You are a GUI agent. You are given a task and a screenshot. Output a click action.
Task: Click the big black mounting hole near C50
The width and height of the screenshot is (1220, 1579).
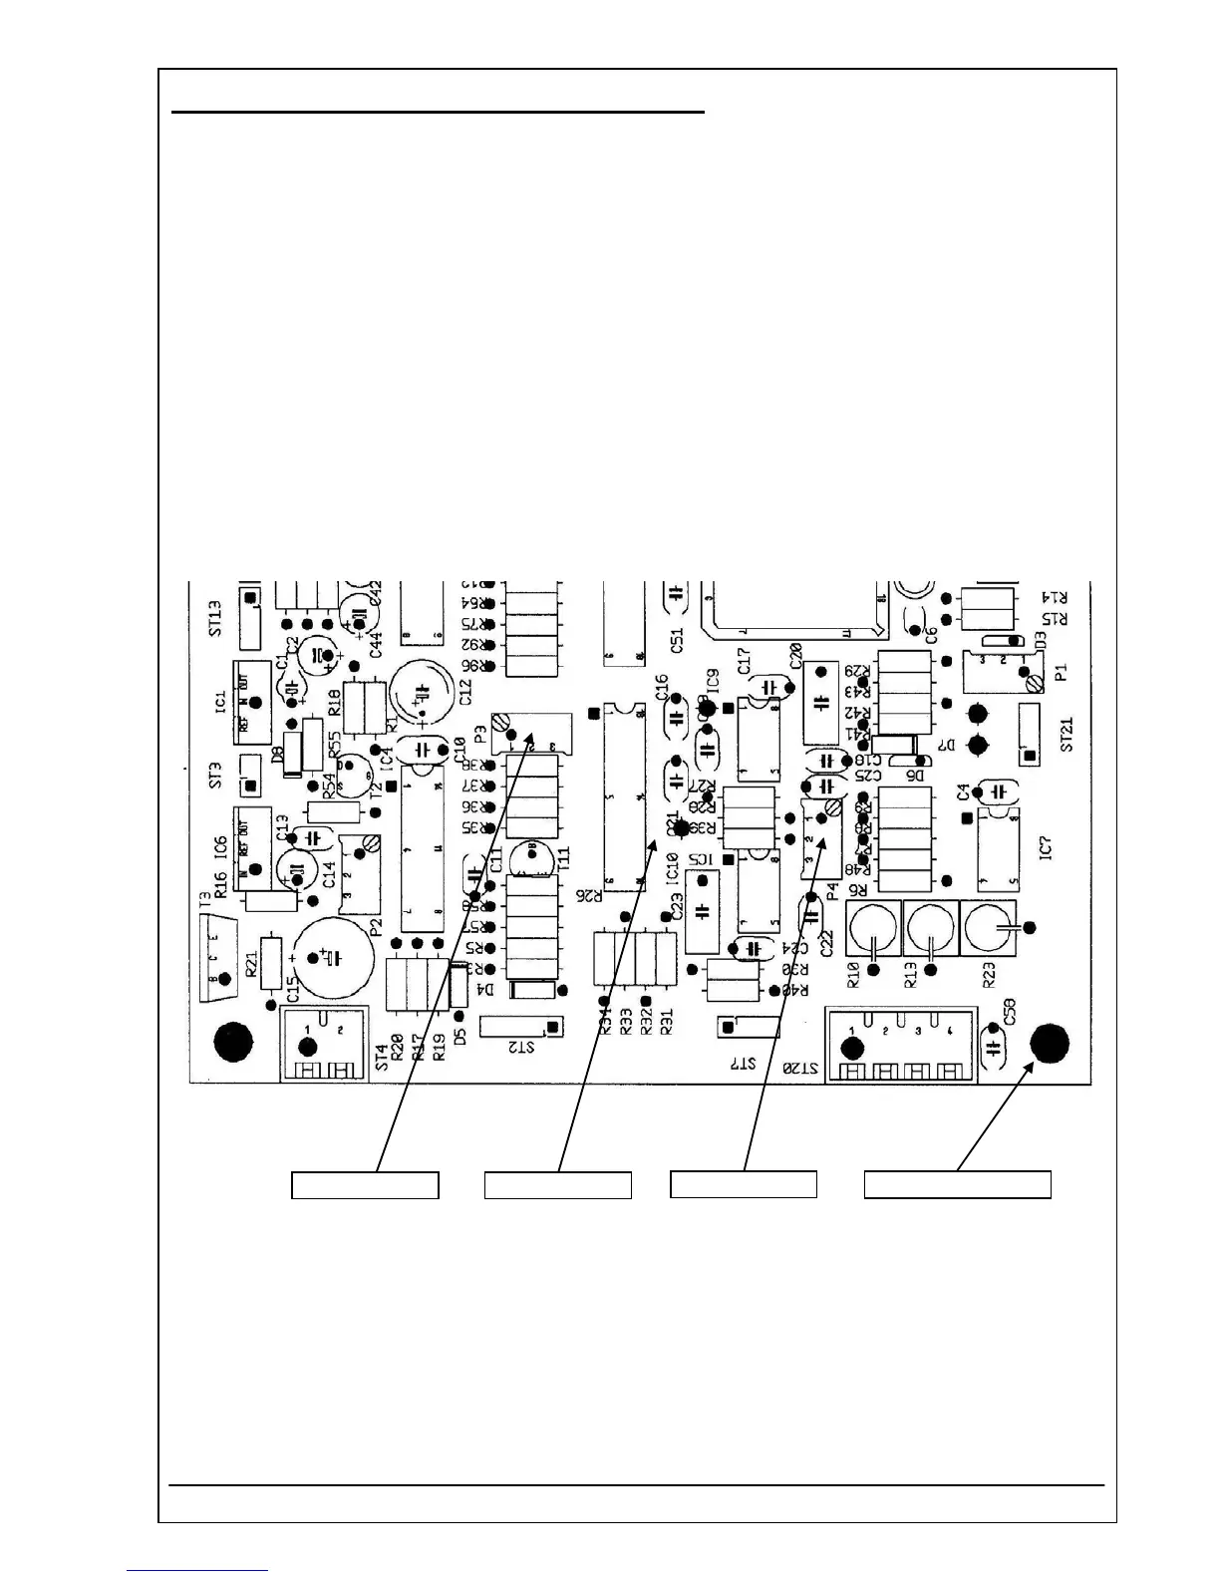pos(1049,1044)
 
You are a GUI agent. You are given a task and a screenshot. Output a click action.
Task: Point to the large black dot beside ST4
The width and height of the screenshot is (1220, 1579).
pos(233,1042)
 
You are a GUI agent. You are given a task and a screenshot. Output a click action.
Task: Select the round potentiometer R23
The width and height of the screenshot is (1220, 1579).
pos(987,928)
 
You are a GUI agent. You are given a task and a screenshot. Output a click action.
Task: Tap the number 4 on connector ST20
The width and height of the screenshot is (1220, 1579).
pos(950,1030)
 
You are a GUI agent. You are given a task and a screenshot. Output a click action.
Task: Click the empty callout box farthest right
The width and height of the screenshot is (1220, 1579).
pos(957,1184)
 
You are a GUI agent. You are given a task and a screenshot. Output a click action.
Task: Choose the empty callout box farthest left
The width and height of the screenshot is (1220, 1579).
pos(365,1185)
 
